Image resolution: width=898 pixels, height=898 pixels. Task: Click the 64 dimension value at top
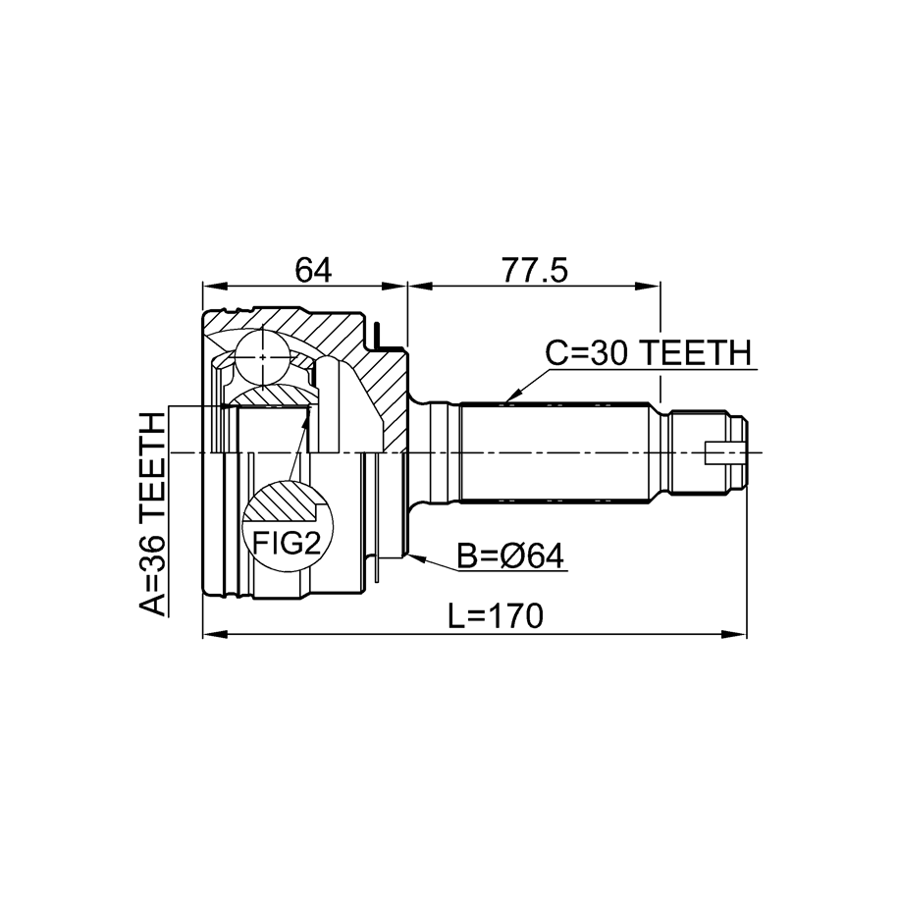tap(313, 270)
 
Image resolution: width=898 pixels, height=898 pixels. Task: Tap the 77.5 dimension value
tap(535, 270)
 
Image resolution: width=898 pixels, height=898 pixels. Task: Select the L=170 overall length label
tap(495, 616)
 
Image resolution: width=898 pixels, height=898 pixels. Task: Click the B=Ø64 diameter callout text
tap(510, 556)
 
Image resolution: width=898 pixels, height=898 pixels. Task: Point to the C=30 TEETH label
tap(648, 352)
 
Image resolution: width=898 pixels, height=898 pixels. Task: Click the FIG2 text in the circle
tap(287, 544)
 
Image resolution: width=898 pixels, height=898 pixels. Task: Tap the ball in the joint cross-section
tap(263, 357)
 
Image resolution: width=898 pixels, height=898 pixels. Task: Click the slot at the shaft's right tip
tap(724, 452)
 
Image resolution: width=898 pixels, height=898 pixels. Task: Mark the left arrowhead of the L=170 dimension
tap(215, 634)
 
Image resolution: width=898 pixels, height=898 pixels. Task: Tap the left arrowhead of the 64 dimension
tap(215, 286)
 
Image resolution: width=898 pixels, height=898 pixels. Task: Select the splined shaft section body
tap(555, 452)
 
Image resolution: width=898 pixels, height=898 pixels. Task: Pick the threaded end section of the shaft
tap(709, 452)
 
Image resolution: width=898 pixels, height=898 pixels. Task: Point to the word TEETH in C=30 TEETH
tap(695, 352)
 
